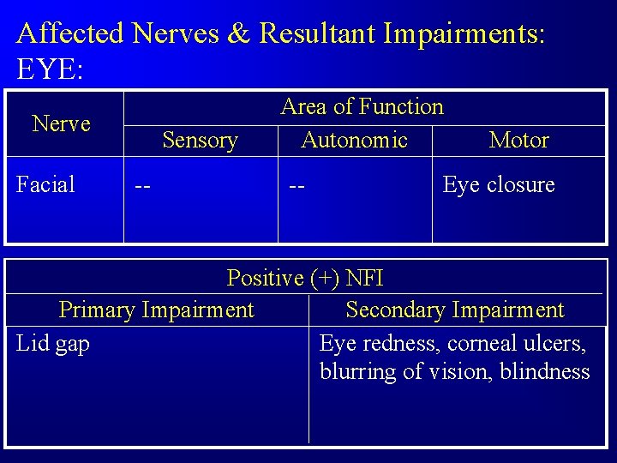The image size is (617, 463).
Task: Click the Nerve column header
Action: tap(61, 123)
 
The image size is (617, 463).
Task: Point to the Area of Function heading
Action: tap(362, 107)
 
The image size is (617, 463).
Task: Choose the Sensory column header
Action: tap(200, 140)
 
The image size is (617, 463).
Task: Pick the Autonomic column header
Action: tap(354, 140)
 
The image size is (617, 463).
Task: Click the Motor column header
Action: tap(518, 140)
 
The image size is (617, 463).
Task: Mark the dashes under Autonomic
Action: tap(298, 185)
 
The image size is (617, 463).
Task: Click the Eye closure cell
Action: tap(498, 184)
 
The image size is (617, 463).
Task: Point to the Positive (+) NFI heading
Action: tap(305, 278)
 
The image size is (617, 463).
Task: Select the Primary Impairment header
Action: tap(156, 310)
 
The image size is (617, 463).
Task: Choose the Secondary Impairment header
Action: tap(454, 310)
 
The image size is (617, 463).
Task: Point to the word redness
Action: tap(401, 344)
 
